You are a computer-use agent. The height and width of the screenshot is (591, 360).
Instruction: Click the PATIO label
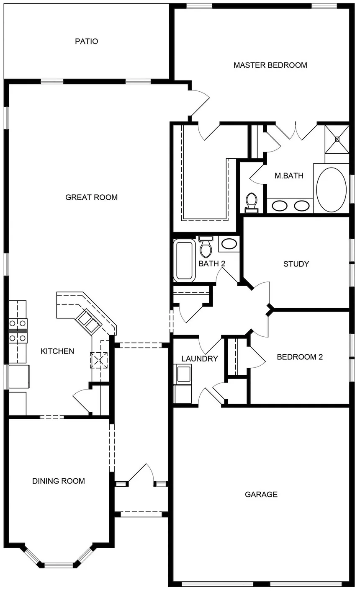(87, 41)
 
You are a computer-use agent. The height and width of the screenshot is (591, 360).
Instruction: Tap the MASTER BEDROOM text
(270, 65)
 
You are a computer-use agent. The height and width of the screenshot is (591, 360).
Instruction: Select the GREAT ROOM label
(91, 197)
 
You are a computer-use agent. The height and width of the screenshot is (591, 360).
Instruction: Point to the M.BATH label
(289, 176)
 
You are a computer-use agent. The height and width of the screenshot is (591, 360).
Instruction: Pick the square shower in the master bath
(337, 139)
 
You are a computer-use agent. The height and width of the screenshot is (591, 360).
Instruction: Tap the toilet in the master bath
(251, 201)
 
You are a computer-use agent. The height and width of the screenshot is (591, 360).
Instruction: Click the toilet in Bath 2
(206, 248)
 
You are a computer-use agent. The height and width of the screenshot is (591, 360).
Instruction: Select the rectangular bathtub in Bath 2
(185, 260)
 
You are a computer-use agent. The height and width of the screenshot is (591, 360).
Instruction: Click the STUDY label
(296, 264)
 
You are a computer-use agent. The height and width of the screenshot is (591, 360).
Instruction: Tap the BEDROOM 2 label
(300, 357)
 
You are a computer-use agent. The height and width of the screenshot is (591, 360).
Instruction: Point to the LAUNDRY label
(200, 359)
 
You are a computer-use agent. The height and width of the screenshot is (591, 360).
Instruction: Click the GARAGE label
(261, 495)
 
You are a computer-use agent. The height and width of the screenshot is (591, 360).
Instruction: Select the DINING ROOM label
(59, 481)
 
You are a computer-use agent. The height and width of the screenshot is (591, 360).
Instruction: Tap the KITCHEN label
(57, 351)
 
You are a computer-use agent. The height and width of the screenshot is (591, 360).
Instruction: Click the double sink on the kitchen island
(87, 321)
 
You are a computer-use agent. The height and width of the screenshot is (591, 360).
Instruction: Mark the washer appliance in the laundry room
(183, 374)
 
